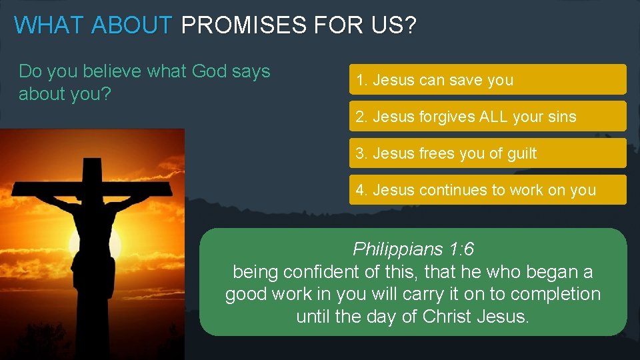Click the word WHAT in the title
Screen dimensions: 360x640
[x=49, y=25]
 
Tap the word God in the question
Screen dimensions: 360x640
[x=209, y=71]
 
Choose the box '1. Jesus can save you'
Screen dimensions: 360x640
[x=487, y=79]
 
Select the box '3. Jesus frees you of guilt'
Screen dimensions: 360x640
[x=487, y=153]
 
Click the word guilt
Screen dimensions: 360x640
[x=521, y=153]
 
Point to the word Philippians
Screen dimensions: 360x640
[x=398, y=250]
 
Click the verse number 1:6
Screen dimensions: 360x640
[x=461, y=250]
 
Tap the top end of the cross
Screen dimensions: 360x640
[x=91, y=162]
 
